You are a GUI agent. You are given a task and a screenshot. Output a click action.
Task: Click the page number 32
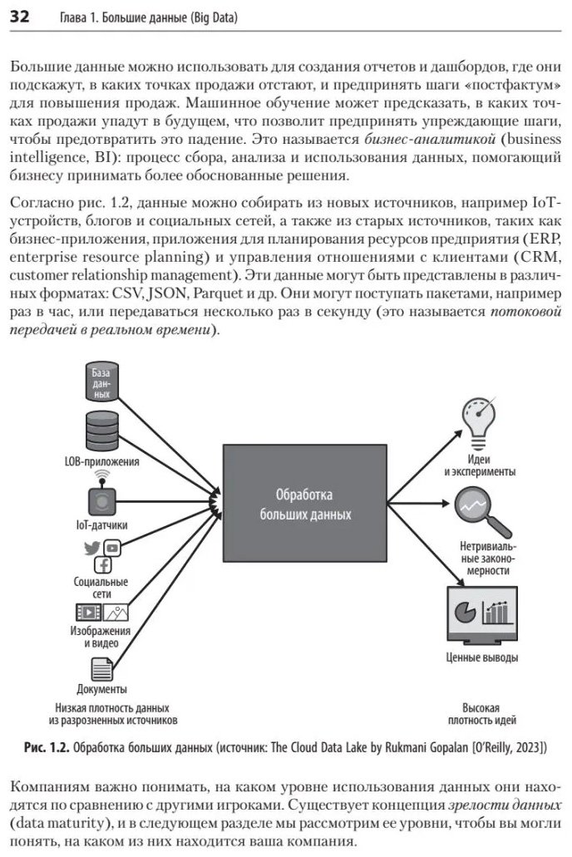pos(19,17)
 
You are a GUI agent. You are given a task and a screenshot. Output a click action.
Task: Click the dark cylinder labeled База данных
pos(101,381)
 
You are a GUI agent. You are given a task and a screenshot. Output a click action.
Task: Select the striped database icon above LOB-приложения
pos(102,431)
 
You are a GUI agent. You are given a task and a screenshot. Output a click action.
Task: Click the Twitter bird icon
pos(92,548)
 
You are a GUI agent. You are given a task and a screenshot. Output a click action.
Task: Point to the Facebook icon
pos(103,564)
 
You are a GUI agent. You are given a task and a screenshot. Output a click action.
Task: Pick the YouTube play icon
pos(112,547)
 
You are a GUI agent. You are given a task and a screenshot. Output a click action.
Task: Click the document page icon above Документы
pos(101,669)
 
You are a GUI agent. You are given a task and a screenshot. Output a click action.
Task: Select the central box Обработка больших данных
pos(304,503)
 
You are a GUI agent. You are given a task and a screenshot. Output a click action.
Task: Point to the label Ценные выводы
pos(481,658)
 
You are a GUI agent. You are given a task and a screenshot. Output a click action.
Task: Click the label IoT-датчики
pos(101,525)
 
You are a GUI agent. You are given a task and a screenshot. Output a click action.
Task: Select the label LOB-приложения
pos(101,461)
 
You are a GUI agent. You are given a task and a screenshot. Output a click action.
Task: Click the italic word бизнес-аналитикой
pos(430,139)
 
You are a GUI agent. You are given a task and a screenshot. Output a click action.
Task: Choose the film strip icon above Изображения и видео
pos(89,612)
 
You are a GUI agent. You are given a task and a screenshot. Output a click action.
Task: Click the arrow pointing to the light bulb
pos(425,466)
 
